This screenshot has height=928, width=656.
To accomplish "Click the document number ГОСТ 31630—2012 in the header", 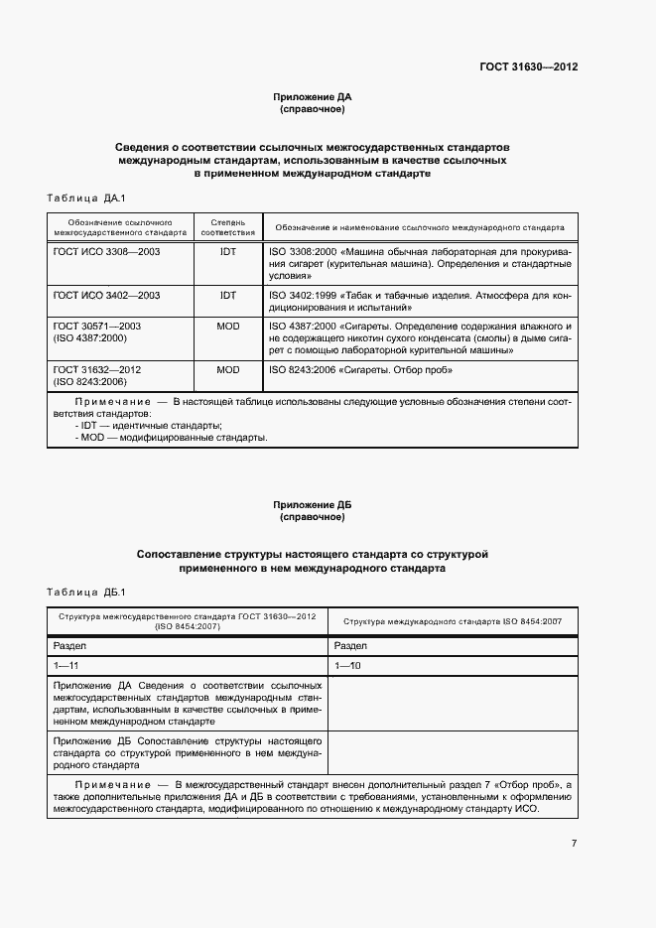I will tap(529, 66).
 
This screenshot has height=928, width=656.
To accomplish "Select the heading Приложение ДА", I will tap(313, 97).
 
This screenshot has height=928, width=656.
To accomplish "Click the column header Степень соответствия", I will tap(228, 226).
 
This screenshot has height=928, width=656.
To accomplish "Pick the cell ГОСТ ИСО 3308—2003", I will tap(106, 252).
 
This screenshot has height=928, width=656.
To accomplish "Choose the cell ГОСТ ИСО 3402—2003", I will tap(106, 296).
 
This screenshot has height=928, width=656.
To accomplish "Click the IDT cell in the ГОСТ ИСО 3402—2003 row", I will tap(228, 296).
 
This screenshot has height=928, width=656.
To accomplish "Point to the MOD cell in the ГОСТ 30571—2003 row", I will tap(228, 326).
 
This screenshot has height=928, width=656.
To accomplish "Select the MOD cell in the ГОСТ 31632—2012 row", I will tap(228, 369).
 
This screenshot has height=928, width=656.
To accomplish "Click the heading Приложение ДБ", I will tap(313, 505).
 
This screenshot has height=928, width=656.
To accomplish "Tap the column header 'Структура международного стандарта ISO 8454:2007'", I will tap(453, 621).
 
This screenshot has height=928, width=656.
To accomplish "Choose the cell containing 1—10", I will tap(349, 664).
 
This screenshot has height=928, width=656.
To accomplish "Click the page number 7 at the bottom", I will tap(574, 844).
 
